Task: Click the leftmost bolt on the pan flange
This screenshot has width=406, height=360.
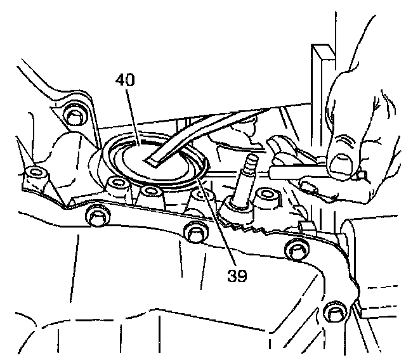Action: point(95,217)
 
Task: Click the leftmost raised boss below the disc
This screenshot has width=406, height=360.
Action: point(117,185)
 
